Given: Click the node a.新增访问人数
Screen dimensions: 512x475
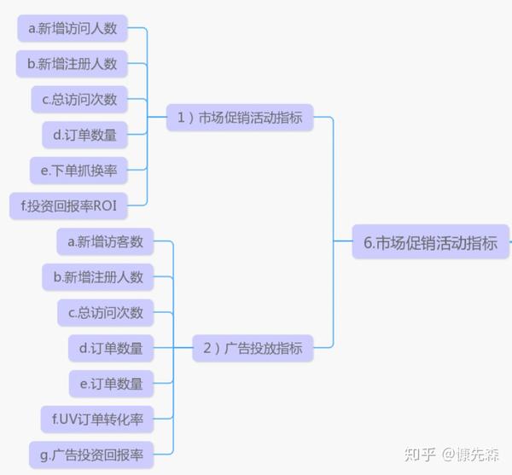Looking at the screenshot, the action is (73, 28).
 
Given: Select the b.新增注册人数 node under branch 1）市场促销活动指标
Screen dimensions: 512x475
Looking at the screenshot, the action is (72, 63).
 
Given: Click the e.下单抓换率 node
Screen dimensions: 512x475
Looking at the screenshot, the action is (79, 170).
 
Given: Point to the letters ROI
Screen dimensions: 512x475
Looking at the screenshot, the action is (105, 206).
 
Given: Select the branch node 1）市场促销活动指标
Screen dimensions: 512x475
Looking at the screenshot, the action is (240, 118).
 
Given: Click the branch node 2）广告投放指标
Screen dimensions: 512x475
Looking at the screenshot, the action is (253, 348).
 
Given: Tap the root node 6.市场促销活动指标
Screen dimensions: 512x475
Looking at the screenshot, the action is (430, 242).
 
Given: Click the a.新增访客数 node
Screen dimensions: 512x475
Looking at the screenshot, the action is (106, 242).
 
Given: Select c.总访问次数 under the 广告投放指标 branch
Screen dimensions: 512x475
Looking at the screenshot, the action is (106, 313).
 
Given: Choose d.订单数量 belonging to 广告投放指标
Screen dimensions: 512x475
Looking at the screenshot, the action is (111, 348).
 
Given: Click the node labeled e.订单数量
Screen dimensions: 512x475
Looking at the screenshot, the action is (111, 384).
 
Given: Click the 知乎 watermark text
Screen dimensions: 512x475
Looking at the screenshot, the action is (421, 454).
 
